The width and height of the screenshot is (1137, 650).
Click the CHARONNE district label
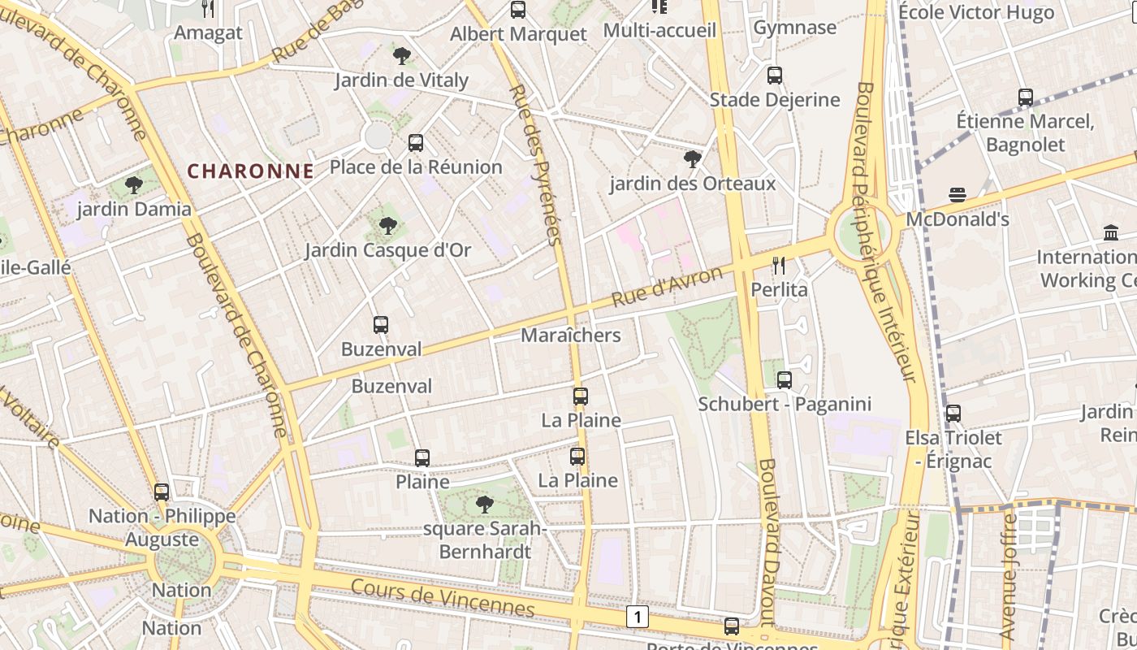point(250,171)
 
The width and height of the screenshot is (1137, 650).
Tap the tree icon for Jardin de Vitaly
point(401,56)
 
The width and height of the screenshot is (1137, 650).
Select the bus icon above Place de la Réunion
point(416,143)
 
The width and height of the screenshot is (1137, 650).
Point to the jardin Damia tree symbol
point(134,185)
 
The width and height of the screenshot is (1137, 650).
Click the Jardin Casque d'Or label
point(387,249)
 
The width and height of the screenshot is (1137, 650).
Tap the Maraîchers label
point(570,335)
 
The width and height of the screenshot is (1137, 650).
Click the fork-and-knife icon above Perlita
point(779,265)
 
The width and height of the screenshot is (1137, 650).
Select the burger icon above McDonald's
point(958,195)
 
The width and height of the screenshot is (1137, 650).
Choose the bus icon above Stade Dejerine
point(775,76)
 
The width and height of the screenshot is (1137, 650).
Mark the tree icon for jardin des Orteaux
point(693,159)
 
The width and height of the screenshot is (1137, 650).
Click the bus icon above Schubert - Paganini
point(785,379)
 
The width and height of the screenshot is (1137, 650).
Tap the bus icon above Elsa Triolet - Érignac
point(953,414)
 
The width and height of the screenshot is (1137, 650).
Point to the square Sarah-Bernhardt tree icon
point(485,505)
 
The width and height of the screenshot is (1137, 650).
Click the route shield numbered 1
point(638,617)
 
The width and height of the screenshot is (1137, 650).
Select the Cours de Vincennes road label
point(443,598)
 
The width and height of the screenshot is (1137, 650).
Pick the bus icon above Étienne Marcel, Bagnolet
point(1026,97)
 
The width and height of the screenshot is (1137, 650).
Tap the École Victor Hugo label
point(976,12)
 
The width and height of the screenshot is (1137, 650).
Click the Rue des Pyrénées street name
point(534,162)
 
